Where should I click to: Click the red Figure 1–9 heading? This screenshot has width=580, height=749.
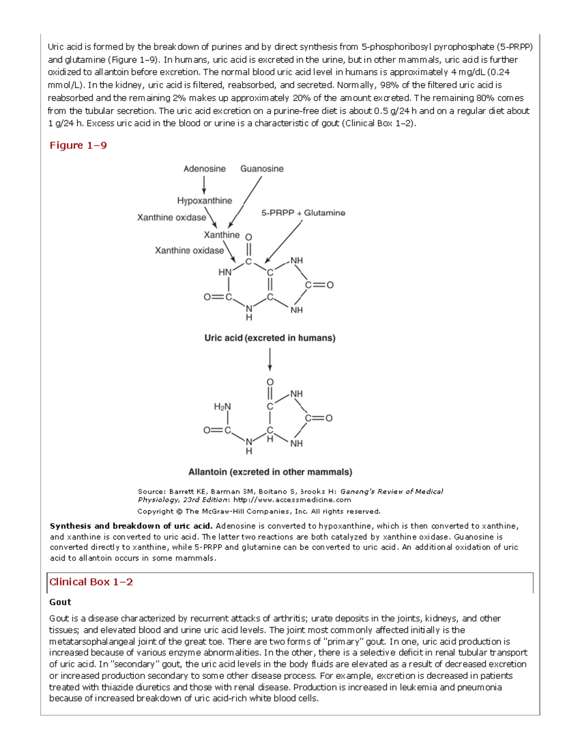pos(78,145)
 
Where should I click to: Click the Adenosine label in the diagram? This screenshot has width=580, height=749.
pos(204,169)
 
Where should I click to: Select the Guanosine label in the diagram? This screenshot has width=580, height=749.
pos(261,169)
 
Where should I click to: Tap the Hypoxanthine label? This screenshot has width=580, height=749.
pos(204,201)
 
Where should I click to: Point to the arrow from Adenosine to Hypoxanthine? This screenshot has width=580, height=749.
pos(204,185)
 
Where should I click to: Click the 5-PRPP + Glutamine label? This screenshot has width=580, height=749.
pos(303,213)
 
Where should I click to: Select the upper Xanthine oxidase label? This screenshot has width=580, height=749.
pos(171,217)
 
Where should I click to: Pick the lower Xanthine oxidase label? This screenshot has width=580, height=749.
pos(189,250)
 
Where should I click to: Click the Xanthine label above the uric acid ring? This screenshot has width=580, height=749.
pos(221,235)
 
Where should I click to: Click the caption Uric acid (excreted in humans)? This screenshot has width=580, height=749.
pos(270,338)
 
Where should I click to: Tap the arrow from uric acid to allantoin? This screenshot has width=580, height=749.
pos(270,360)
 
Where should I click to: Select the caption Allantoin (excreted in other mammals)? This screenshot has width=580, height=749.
pos(270,472)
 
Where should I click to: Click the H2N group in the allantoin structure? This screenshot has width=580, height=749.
pos(222,407)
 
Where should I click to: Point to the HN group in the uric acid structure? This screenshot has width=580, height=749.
pos(225,272)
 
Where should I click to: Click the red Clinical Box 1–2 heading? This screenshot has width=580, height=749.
pos(91,582)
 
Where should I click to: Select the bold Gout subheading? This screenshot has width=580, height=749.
pos(60,602)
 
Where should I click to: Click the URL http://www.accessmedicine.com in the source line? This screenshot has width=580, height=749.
pos(292,500)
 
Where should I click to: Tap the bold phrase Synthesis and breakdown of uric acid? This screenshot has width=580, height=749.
pos(131,526)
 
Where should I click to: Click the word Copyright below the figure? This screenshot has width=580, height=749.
pos(155,511)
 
